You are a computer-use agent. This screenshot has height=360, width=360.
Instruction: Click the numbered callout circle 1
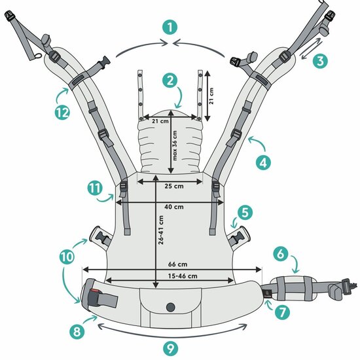point(170,27)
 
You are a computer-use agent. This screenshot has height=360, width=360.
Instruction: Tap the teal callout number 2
point(170,81)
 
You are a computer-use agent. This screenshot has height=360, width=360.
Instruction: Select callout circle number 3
point(320,61)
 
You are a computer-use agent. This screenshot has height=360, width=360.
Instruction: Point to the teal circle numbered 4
point(263,162)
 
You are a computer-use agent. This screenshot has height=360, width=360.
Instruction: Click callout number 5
point(245,212)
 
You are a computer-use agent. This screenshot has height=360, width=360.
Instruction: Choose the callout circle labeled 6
point(281,254)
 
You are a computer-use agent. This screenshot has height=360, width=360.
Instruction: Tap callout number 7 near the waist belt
point(282,312)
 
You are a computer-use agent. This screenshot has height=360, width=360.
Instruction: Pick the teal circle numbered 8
point(77,331)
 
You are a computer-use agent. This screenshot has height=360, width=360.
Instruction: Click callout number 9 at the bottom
point(171,349)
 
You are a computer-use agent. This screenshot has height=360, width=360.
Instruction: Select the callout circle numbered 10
point(67,257)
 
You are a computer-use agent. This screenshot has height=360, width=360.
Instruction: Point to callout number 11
point(95,188)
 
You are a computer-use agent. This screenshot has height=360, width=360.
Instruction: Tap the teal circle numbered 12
point(62,113)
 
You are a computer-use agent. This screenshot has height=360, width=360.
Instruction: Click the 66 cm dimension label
point(177,264)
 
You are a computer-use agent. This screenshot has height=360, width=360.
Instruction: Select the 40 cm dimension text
point(174,207)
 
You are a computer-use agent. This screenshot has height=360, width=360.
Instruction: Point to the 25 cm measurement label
point(174,186)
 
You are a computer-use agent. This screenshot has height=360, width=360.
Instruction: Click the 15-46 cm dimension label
point(183,276)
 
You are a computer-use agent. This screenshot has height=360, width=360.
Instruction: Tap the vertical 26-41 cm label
point(161,230)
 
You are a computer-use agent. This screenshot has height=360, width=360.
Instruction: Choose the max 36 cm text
point(175,145)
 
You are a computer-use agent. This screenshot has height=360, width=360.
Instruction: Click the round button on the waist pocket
point(171,307)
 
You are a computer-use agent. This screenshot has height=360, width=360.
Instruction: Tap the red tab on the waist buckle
point(95,291)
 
